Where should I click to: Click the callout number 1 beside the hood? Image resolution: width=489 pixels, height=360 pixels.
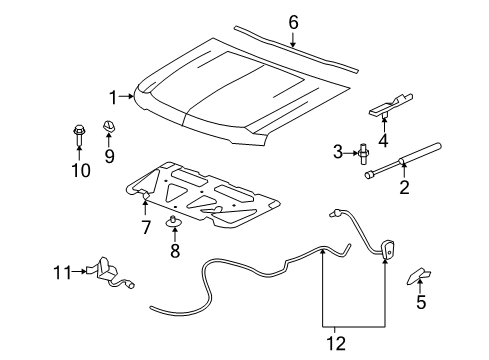tap(113, 97)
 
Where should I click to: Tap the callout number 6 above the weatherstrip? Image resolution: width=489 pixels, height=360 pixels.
tap(293, 22)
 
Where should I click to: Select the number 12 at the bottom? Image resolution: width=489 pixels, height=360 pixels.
tap(336, 343)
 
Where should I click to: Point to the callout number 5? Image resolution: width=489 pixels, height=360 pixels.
tap(421, 302)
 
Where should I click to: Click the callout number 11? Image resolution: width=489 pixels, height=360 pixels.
tap(62, 272)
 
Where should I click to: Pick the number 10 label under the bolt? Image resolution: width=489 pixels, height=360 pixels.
tap(81, 170)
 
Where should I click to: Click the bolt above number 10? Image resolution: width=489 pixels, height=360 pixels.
tap(78, 135)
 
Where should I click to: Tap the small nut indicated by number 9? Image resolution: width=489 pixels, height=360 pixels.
tap(108, 126)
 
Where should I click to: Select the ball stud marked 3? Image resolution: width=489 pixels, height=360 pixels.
tap(363, 153)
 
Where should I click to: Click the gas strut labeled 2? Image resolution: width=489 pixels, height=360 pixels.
tap(403, 161)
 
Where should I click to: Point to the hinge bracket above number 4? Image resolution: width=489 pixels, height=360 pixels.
tap(391, 105)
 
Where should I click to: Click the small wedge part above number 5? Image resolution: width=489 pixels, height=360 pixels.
tap(418, 276)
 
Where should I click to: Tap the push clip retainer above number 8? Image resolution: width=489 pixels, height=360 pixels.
tap(174, 222)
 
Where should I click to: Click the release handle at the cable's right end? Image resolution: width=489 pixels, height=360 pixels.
tap(387, 250)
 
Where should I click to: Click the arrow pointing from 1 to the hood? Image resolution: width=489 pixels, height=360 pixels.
tap(126, 96)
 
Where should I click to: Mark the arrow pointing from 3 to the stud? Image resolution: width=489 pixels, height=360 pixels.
tap(350, 153)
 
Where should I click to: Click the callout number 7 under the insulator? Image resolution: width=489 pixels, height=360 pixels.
tap(146, 228)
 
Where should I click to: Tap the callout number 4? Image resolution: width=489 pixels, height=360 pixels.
tap(383, 140)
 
